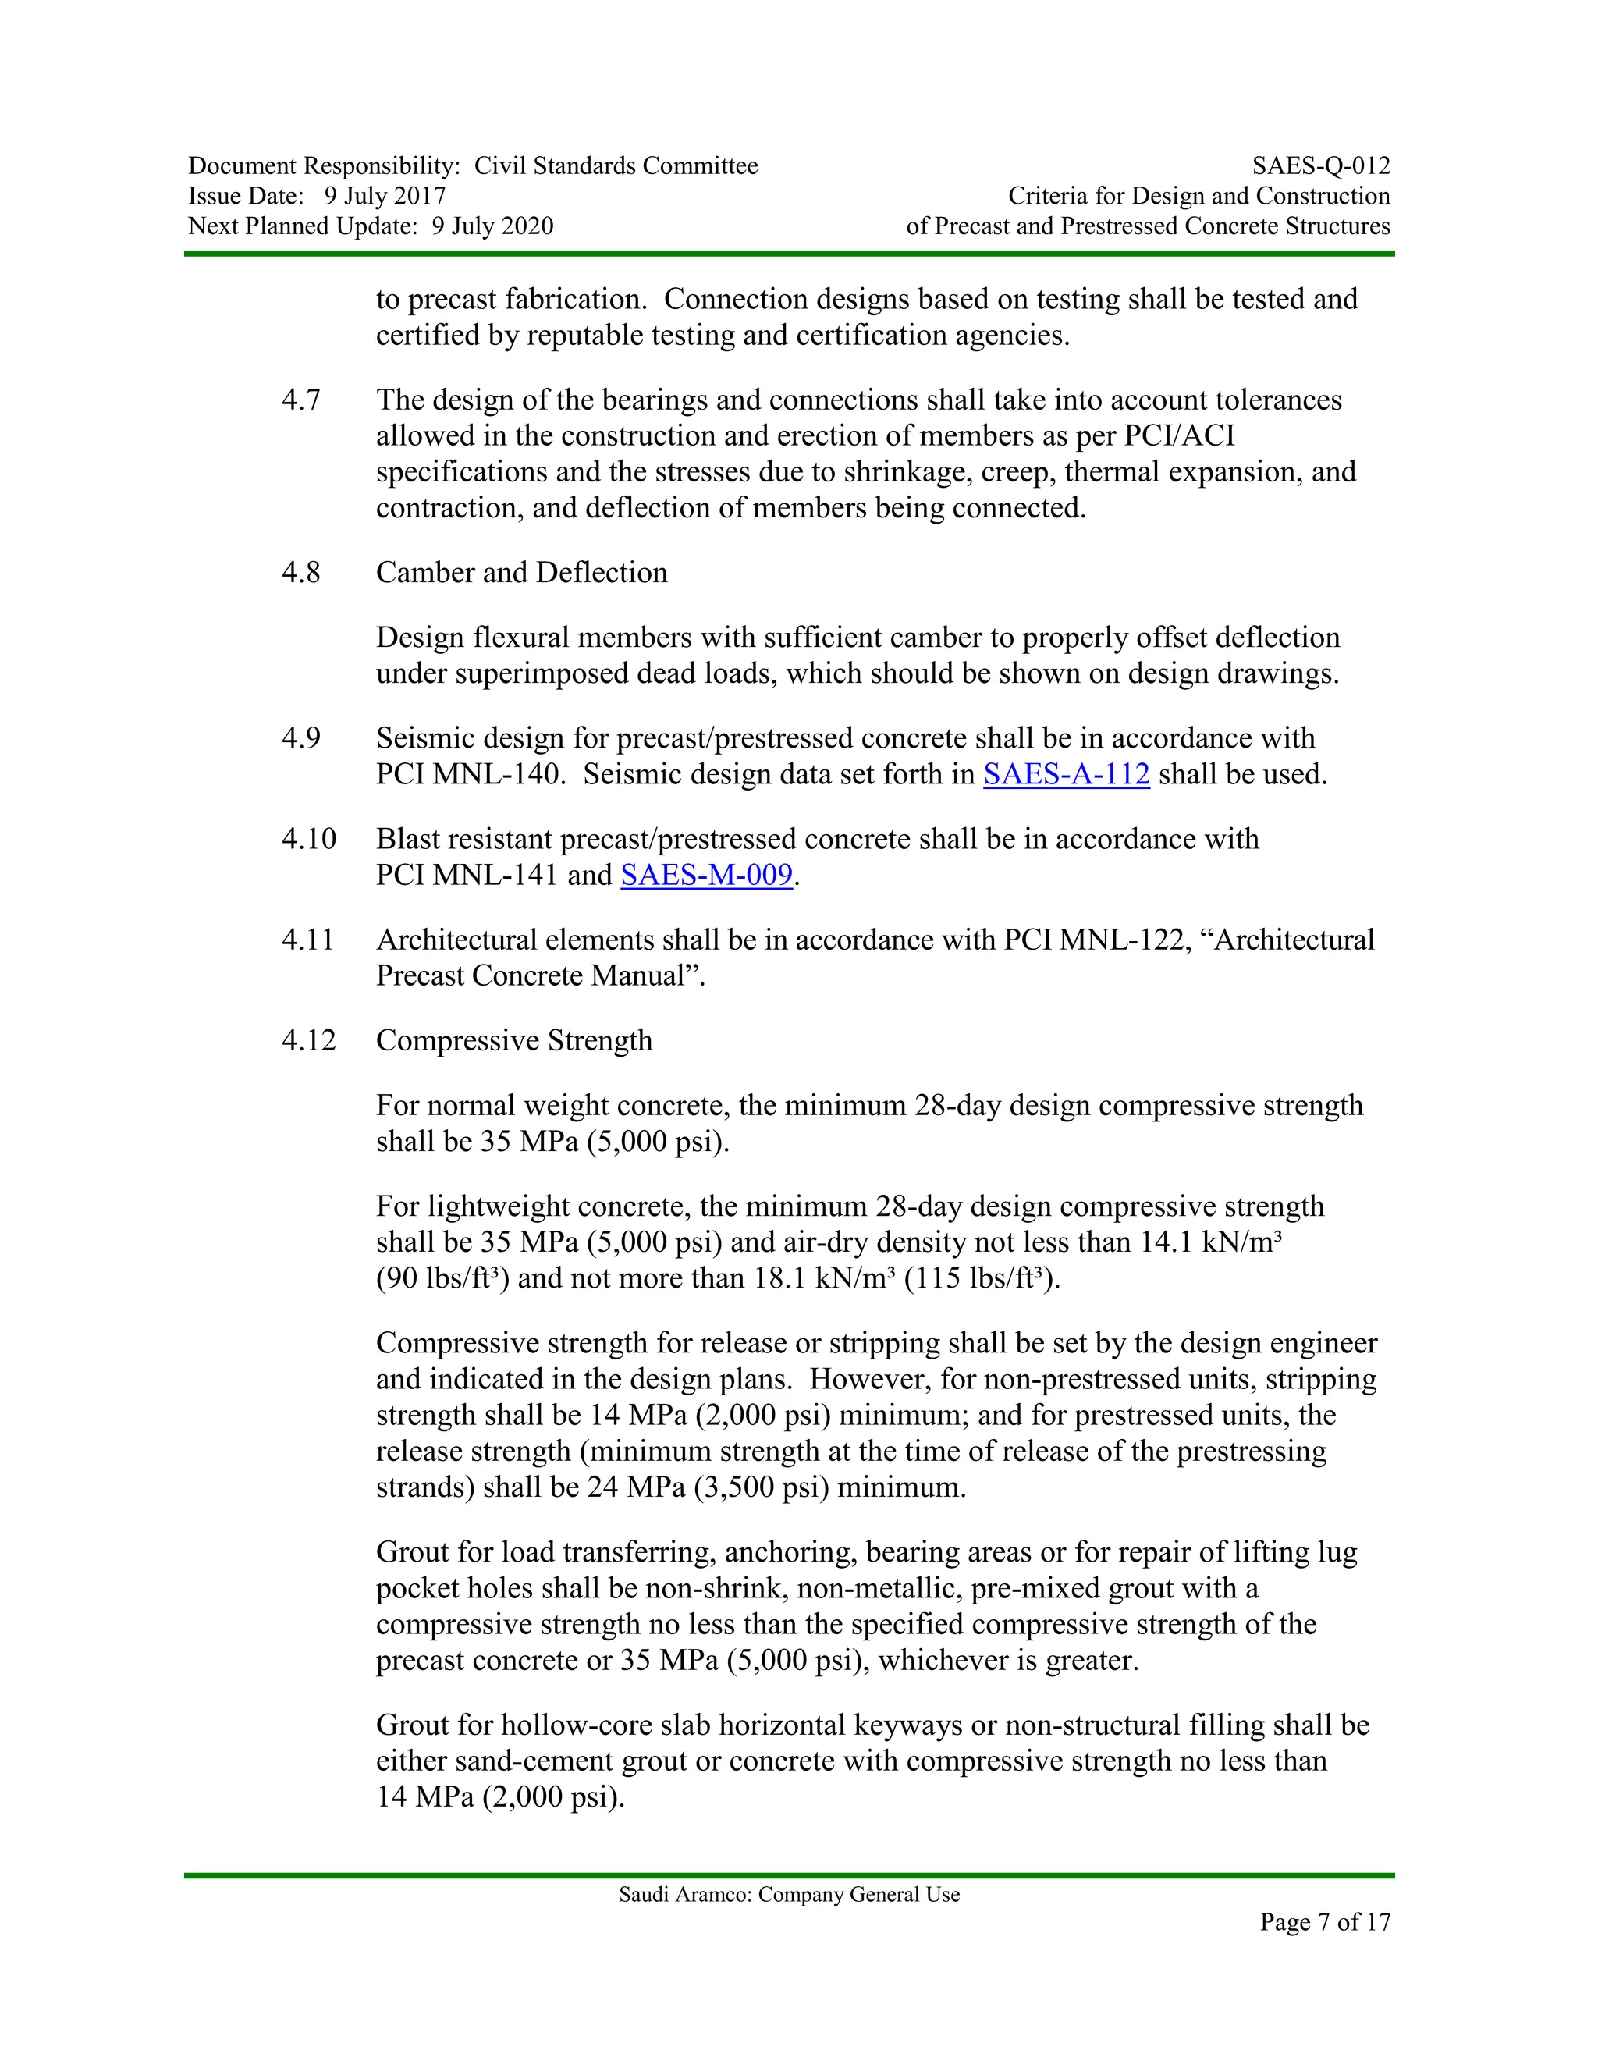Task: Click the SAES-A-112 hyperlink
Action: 1066,775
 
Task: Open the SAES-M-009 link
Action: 706,875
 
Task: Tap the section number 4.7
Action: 300,400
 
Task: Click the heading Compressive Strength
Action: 514,1040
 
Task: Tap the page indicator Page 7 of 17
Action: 1324,1921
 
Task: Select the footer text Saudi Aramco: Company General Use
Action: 789,1894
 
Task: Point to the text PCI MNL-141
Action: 467,875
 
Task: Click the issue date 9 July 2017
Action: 385,196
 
